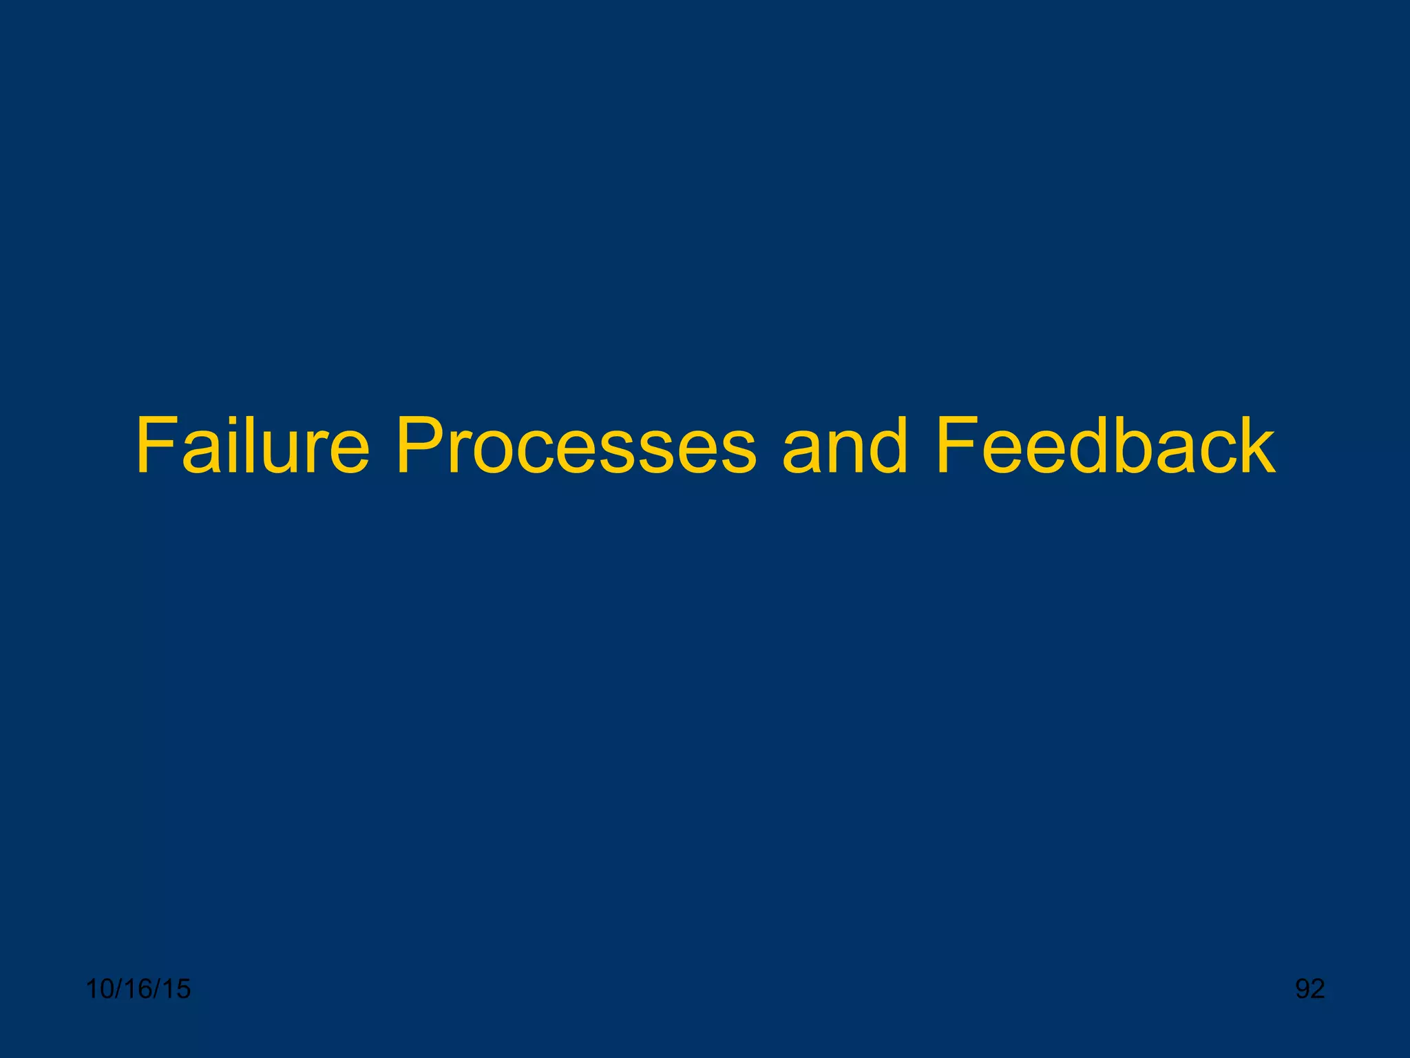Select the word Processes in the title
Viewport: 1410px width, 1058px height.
point(576,446)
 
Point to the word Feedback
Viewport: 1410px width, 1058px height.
point(1106,446)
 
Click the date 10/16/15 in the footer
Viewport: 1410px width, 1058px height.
point(138,989)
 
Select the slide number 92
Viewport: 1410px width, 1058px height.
point(1310,989)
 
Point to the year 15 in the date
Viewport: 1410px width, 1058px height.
point(176,989)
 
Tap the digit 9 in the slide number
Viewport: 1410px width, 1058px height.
point(1303,989)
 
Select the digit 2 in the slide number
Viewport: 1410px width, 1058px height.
point(1318,989)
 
